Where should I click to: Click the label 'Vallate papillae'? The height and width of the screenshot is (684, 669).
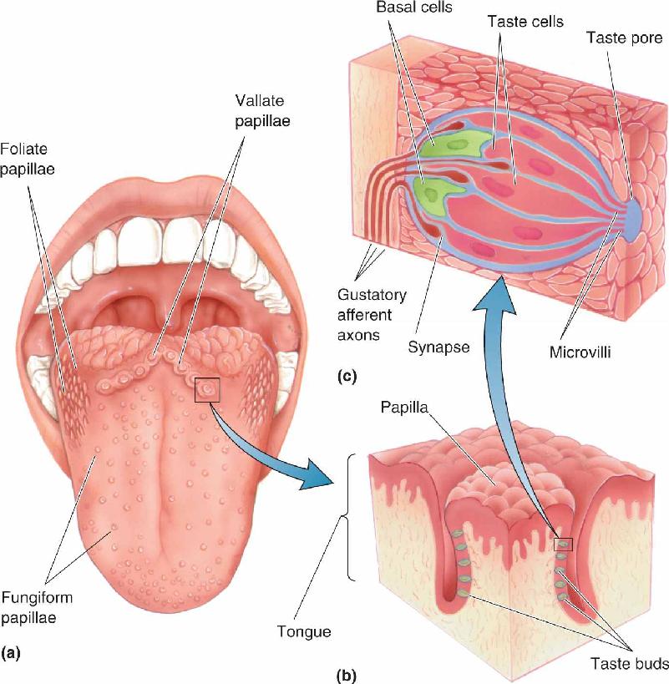coord(262,111)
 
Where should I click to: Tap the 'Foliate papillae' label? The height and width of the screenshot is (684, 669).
coord(28,159)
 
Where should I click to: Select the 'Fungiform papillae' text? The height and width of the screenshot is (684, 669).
coord(37,607)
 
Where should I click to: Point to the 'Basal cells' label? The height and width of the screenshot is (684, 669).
coord(414,8)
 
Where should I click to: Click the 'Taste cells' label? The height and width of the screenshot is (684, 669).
coord(525,22)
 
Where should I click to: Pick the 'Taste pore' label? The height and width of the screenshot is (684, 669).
coord(624,38)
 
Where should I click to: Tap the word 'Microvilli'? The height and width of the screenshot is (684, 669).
coord(580,352)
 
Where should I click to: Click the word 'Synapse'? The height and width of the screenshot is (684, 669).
coord(438,347)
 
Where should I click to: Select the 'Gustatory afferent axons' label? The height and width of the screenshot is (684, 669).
coord(372,315)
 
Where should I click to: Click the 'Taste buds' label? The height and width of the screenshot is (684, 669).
coord(629,663)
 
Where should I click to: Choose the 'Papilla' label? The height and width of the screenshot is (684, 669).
coord(404,408)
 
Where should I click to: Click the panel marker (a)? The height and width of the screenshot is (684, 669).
coord(11,653)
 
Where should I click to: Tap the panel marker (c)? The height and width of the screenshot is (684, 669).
coord(347,376)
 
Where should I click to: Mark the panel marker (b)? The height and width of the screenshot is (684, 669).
coord(347,676)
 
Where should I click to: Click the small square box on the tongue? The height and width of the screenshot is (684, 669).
coord(207,389)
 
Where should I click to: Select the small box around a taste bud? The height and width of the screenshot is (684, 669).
coord(563,544)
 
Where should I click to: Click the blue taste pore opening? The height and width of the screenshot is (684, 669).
coord(635,219)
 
